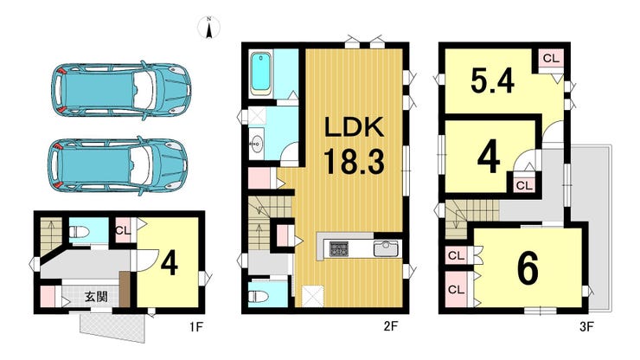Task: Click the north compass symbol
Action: coord(209,28)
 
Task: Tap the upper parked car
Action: coord(121,90)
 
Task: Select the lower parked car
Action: coord(118,165)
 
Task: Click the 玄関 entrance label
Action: coord(96,296)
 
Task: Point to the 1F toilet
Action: coord(79,232)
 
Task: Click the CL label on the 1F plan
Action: coord(123,230)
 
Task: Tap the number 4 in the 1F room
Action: coord(169,264)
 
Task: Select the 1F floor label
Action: coord(196,326)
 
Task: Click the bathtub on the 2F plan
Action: coord(260,74)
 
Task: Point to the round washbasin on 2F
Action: coord(257,143)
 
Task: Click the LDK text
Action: coord(354,127)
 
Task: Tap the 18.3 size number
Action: coord(354,161)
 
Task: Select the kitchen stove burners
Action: coord(339,248)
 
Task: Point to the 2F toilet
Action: coord(259,296)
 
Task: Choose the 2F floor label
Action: coord(390,326)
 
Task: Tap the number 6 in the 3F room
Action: coord(528,268)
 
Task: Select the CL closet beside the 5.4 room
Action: coord(551,59)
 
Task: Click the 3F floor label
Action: coord(587,326)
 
